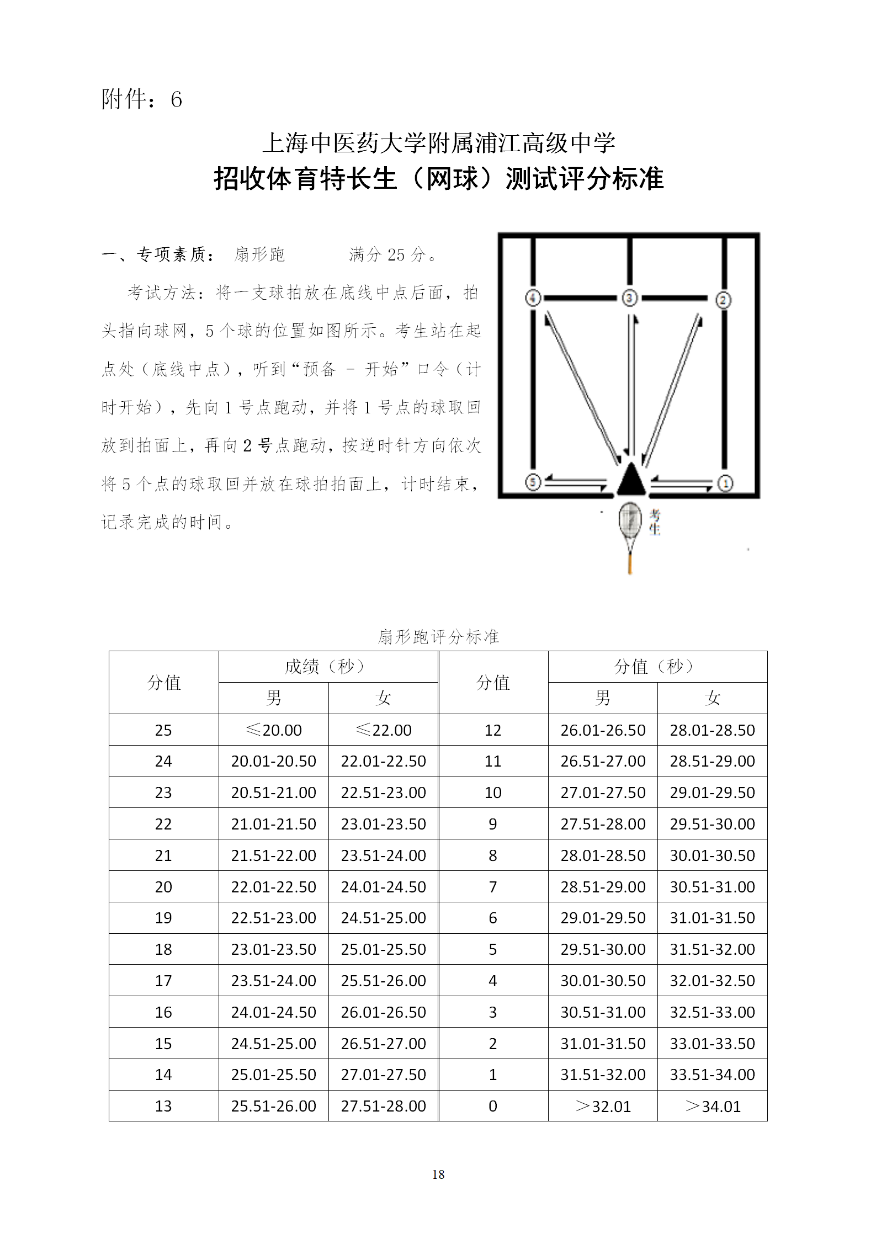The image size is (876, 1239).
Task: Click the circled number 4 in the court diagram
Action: coord(533,298)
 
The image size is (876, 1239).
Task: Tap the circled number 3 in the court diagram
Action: coord(629,298)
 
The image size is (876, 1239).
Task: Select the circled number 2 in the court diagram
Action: coord(723,300)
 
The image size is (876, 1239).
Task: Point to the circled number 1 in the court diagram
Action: coord(725,483)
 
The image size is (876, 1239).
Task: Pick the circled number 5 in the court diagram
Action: coord(533,482)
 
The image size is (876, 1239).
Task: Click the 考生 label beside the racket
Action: coord(655,522)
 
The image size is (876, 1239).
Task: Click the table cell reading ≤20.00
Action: coord(274,730)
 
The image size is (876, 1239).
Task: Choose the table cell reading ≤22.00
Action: coord(384,730)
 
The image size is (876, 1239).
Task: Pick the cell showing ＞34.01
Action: coord(713,1106)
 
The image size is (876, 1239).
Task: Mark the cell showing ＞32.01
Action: coord(603,1106)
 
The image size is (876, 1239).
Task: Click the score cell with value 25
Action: coord(163,730)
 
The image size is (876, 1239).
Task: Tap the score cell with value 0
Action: coord(493,1106)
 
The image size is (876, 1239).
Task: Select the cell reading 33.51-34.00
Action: coord(713,1075)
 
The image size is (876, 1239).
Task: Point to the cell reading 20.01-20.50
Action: coord(274,761)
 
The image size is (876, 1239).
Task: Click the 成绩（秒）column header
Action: coord(328,667)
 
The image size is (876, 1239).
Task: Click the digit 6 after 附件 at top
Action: coord(176,100)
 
